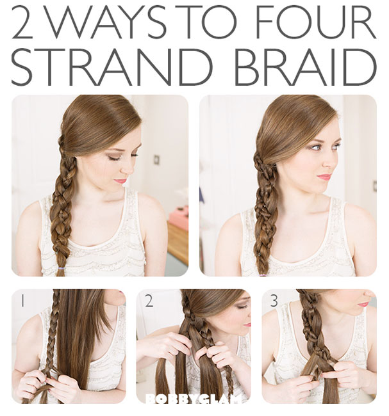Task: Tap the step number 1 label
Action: (x=22, y=301)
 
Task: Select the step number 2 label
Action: (x=149, y=301)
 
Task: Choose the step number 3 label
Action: (x=274, y=301)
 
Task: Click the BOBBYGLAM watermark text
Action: (x=194, y=399)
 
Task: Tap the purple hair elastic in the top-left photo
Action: (x=61, y=269)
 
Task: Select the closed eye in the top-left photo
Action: (x=113, y=158)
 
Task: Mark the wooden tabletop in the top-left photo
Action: (x=178, y=242)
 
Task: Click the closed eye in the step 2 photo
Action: (x=241, y=307)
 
